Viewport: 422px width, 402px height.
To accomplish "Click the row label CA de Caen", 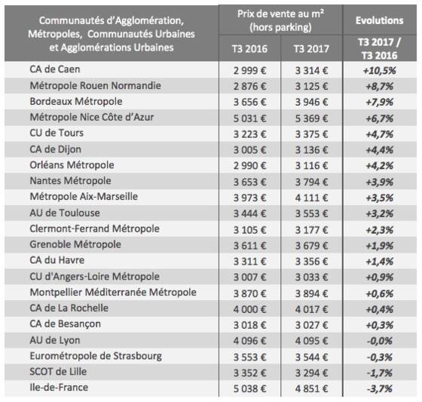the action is pos(55,69).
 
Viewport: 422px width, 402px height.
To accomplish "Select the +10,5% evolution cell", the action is pos(380,71).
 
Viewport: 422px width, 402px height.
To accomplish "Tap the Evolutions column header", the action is pos(380,20).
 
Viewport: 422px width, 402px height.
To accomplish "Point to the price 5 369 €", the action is pos(311,118).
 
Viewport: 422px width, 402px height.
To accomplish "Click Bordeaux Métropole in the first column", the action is pos(76,101).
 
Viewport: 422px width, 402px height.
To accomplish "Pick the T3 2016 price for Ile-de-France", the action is pos(249,388).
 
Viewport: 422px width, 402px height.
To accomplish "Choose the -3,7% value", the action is pos(380,388).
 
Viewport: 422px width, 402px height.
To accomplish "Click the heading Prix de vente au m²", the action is pos(280,14).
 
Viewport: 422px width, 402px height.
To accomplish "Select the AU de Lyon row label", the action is pos(55,340).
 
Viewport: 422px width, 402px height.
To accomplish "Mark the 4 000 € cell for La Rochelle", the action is pos(249,309).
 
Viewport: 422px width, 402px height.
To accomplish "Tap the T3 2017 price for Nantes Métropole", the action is pos(311,182).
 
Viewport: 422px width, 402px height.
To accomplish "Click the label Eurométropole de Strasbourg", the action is pos(96,356).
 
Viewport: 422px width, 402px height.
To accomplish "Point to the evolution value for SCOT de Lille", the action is pos(380,373).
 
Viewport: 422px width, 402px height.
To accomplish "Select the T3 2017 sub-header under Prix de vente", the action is pos(311,49).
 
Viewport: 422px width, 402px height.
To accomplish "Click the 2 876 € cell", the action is pos(249,86).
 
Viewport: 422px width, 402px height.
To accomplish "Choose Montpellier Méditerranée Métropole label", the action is pos(113,292).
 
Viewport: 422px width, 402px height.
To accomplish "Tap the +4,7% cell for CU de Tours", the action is pos(380,134).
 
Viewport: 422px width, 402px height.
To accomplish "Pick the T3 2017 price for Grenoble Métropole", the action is pos(311,245).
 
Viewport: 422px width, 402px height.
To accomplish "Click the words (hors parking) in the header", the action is pos(280,27).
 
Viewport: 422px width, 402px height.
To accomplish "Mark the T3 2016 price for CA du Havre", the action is pos(249,262).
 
